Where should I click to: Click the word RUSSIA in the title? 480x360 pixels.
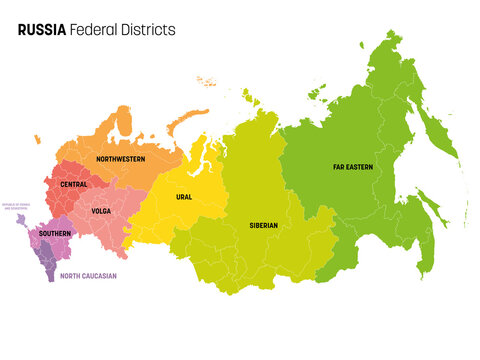tap(42, 30)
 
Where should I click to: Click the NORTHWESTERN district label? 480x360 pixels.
tap(120, 159)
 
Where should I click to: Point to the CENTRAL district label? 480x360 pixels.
tap(73, 184)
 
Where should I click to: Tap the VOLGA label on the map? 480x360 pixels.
tap(100, 211)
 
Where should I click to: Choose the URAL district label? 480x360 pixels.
tap(184, 197)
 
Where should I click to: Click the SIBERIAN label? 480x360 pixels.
tap(264, 226)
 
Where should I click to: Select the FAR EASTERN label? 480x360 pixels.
tap(354, 167)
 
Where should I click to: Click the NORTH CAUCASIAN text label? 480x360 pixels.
tap(89, 275)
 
